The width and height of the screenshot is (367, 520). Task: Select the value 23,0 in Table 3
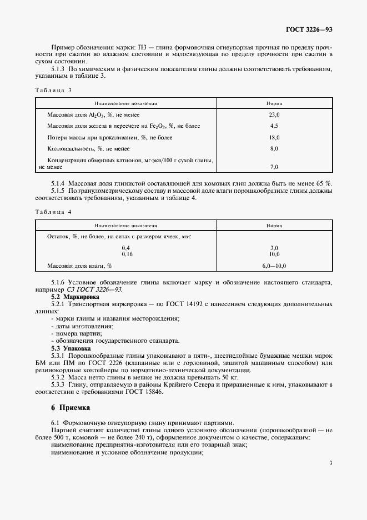coord(273,114)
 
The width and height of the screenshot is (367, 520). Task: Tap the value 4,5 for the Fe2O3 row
coord(273,126)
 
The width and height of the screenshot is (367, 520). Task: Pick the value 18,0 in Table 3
coord(273,137)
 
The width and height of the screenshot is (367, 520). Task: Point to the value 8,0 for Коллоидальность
coord(273,149)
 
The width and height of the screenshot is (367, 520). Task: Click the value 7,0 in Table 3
coord(273,167)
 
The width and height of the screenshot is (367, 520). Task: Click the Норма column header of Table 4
coord(273,226)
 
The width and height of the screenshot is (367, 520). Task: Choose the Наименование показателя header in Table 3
coord(126,103)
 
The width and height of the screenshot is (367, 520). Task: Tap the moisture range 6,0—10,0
coord(273,266)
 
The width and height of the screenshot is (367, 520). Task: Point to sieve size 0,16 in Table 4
coord(126,253)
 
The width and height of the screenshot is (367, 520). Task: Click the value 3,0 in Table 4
coord(273,248)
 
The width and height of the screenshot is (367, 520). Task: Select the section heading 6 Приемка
coord(70,408)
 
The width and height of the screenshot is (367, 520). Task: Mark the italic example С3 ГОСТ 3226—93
coord(93,290)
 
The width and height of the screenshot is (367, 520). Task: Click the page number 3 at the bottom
coord(330,462)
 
